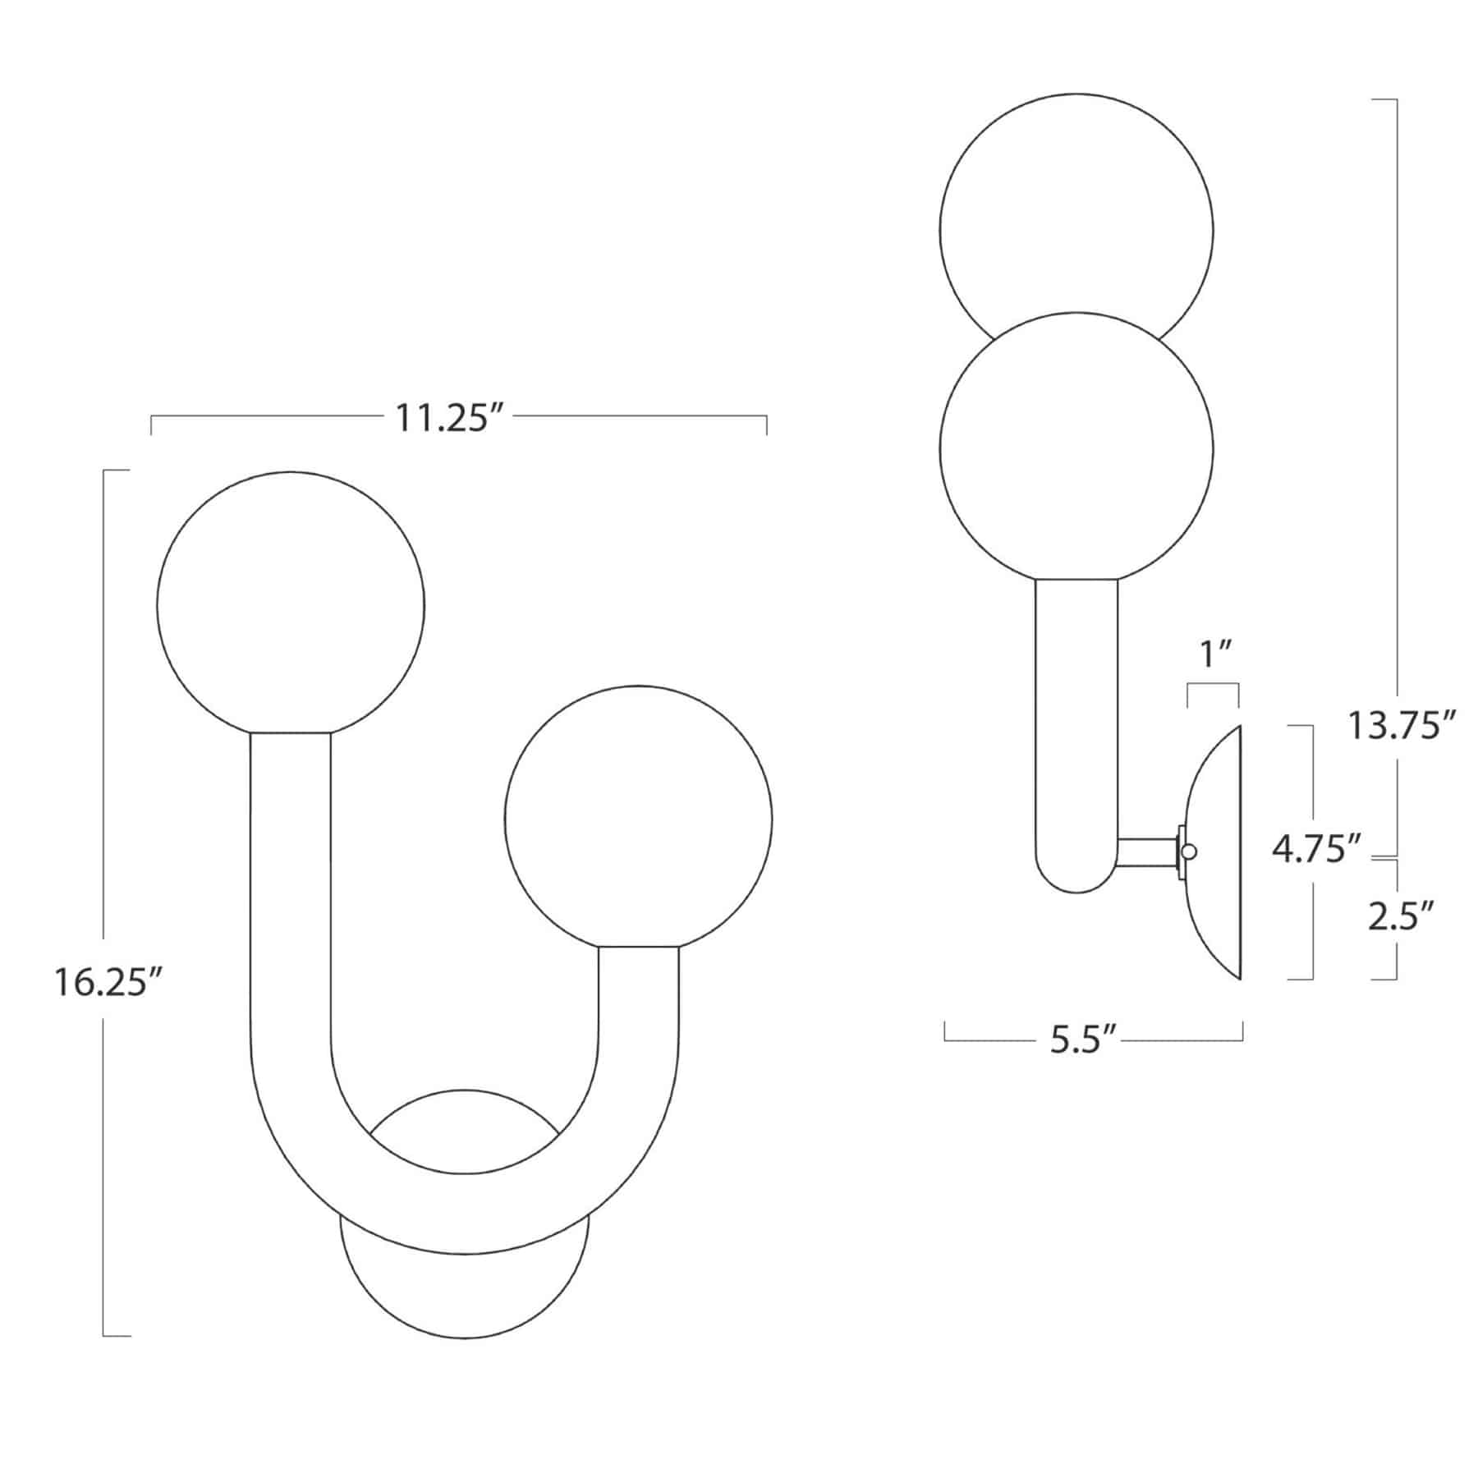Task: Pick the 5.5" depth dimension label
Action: coord(1085,1042)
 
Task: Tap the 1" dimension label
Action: coord(1213,656)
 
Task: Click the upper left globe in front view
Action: coord(291,604)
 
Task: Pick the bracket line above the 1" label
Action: coord(1213,684)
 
